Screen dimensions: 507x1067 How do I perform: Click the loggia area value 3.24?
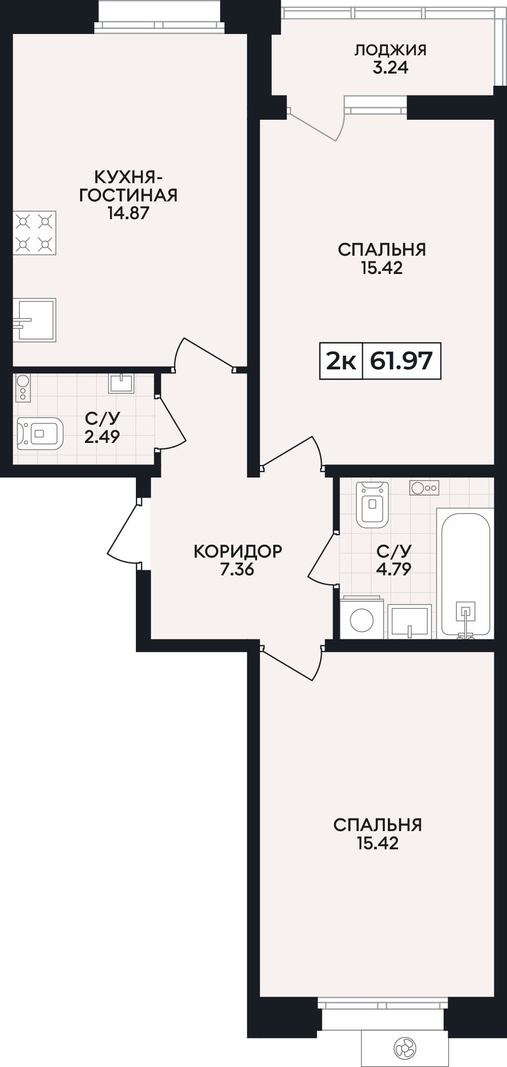point(390,68)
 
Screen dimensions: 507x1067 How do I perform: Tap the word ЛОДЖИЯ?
point(390,50)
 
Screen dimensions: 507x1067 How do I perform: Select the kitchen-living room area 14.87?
point(128,213)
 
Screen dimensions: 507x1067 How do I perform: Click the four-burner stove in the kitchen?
point(34,233)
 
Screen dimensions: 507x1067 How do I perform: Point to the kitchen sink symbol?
point(34,320)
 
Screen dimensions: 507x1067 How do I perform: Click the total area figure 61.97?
point(402,361)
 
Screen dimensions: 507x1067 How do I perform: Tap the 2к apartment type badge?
point(341,361)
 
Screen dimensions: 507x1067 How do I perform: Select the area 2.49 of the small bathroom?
point(102,436)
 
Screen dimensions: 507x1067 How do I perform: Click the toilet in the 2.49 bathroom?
point(40,434)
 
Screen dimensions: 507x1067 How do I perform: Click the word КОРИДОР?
point(238,551)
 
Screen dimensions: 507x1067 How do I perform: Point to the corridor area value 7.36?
point(237,569)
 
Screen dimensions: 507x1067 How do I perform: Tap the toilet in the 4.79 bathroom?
point(373,503)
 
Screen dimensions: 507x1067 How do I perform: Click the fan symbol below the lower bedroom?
point(405,1047)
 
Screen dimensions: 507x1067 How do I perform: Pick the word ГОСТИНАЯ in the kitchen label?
point(128,195)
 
